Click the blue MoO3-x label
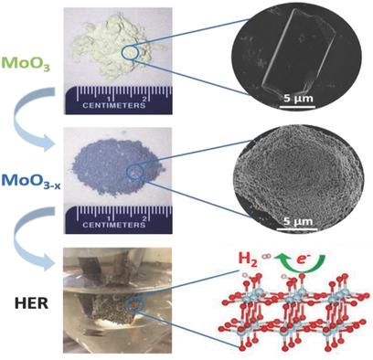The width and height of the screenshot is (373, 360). (x=28, y=175)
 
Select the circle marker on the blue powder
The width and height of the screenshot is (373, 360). (x=136, y=171)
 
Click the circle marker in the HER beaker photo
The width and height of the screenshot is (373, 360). (x=134, y=305)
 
